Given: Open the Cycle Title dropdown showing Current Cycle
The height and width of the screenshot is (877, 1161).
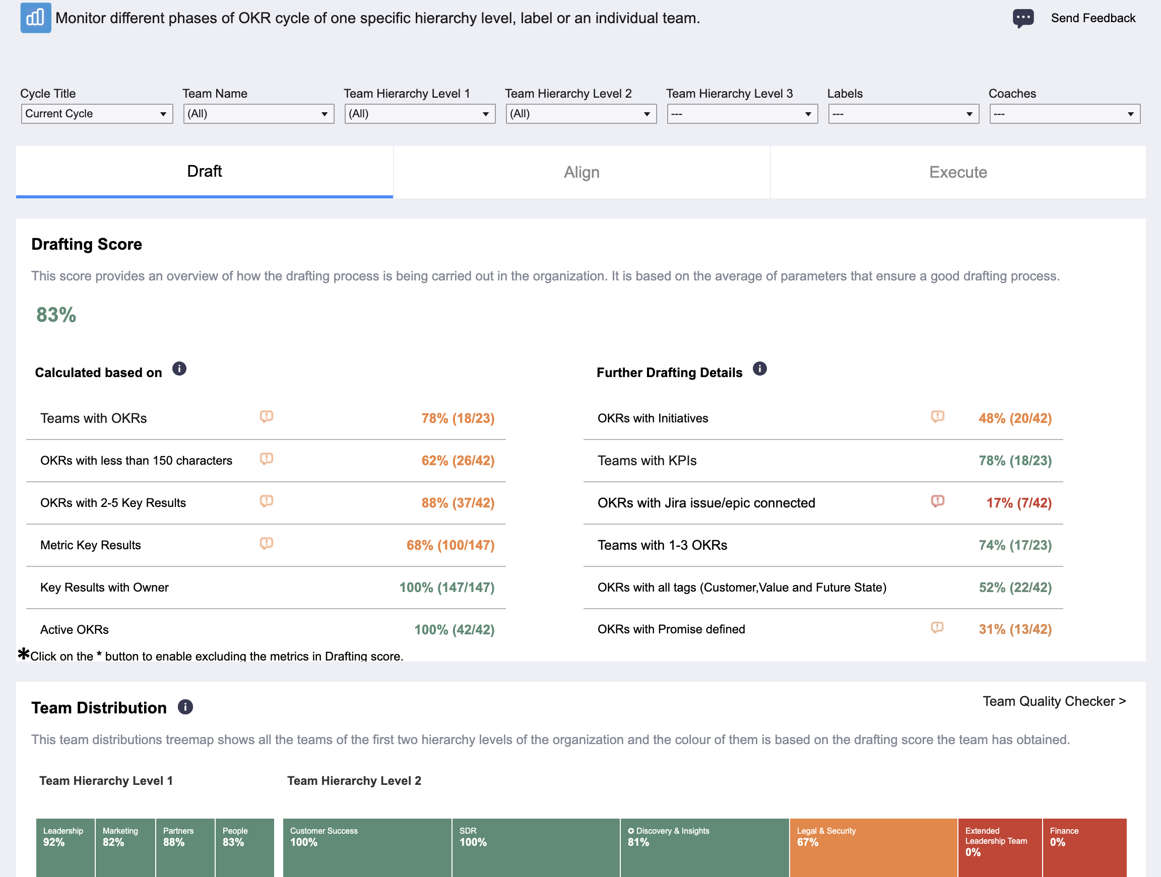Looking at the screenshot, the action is (97, 114).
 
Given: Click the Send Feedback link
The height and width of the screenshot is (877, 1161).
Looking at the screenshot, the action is (1093, 18).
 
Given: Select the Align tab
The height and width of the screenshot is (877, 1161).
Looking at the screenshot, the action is (582, 172).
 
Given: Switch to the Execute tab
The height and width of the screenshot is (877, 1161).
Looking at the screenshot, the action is (958, 172).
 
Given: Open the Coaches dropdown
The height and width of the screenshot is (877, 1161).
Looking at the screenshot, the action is (1064, 114).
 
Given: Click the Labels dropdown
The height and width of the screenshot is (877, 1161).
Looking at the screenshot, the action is (904, 114).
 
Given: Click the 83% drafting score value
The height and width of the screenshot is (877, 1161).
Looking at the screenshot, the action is (56, 315).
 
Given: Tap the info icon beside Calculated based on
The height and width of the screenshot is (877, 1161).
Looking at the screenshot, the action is (179, 369).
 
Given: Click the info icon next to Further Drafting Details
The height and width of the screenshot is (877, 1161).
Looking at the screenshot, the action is (759, 369).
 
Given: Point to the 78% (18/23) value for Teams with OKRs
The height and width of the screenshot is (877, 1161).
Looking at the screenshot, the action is (458, 418).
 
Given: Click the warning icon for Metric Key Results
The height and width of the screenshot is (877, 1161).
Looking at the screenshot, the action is (267, 543).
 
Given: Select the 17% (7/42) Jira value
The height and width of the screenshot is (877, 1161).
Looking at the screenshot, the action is (1019, 502).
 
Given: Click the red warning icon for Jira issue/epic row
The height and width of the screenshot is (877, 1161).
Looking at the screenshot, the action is (937, 501).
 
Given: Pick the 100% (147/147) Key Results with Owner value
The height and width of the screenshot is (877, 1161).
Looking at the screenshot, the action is (446, 588).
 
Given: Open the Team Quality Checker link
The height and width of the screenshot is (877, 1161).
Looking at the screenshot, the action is (1054, 701).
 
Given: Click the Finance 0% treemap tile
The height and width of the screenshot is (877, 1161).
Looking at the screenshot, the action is (1084, 848).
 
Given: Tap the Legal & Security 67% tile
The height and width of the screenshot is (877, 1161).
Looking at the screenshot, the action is (873, 848).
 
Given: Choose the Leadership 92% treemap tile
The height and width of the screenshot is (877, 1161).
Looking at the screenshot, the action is (66, 848).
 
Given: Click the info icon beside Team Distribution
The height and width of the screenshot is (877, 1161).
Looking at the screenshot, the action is (185, 707).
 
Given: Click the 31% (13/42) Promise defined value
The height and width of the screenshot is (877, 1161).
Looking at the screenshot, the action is (1015, 629).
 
